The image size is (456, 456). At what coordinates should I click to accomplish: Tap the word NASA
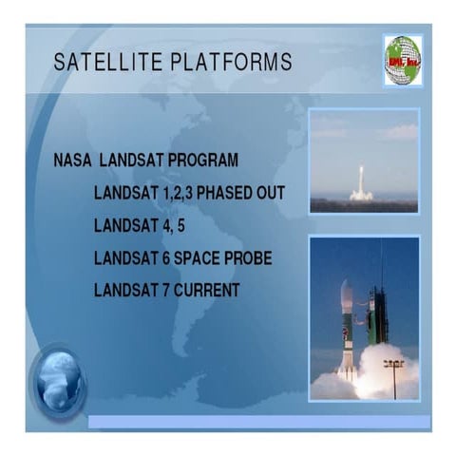pyautogui.click(x=74, y=161)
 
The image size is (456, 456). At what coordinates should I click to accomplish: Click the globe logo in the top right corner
pyautogui.click(x=402, y=59)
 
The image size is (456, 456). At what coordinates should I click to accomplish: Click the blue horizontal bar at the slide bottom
pyautogui.click(x=256, y=421)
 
